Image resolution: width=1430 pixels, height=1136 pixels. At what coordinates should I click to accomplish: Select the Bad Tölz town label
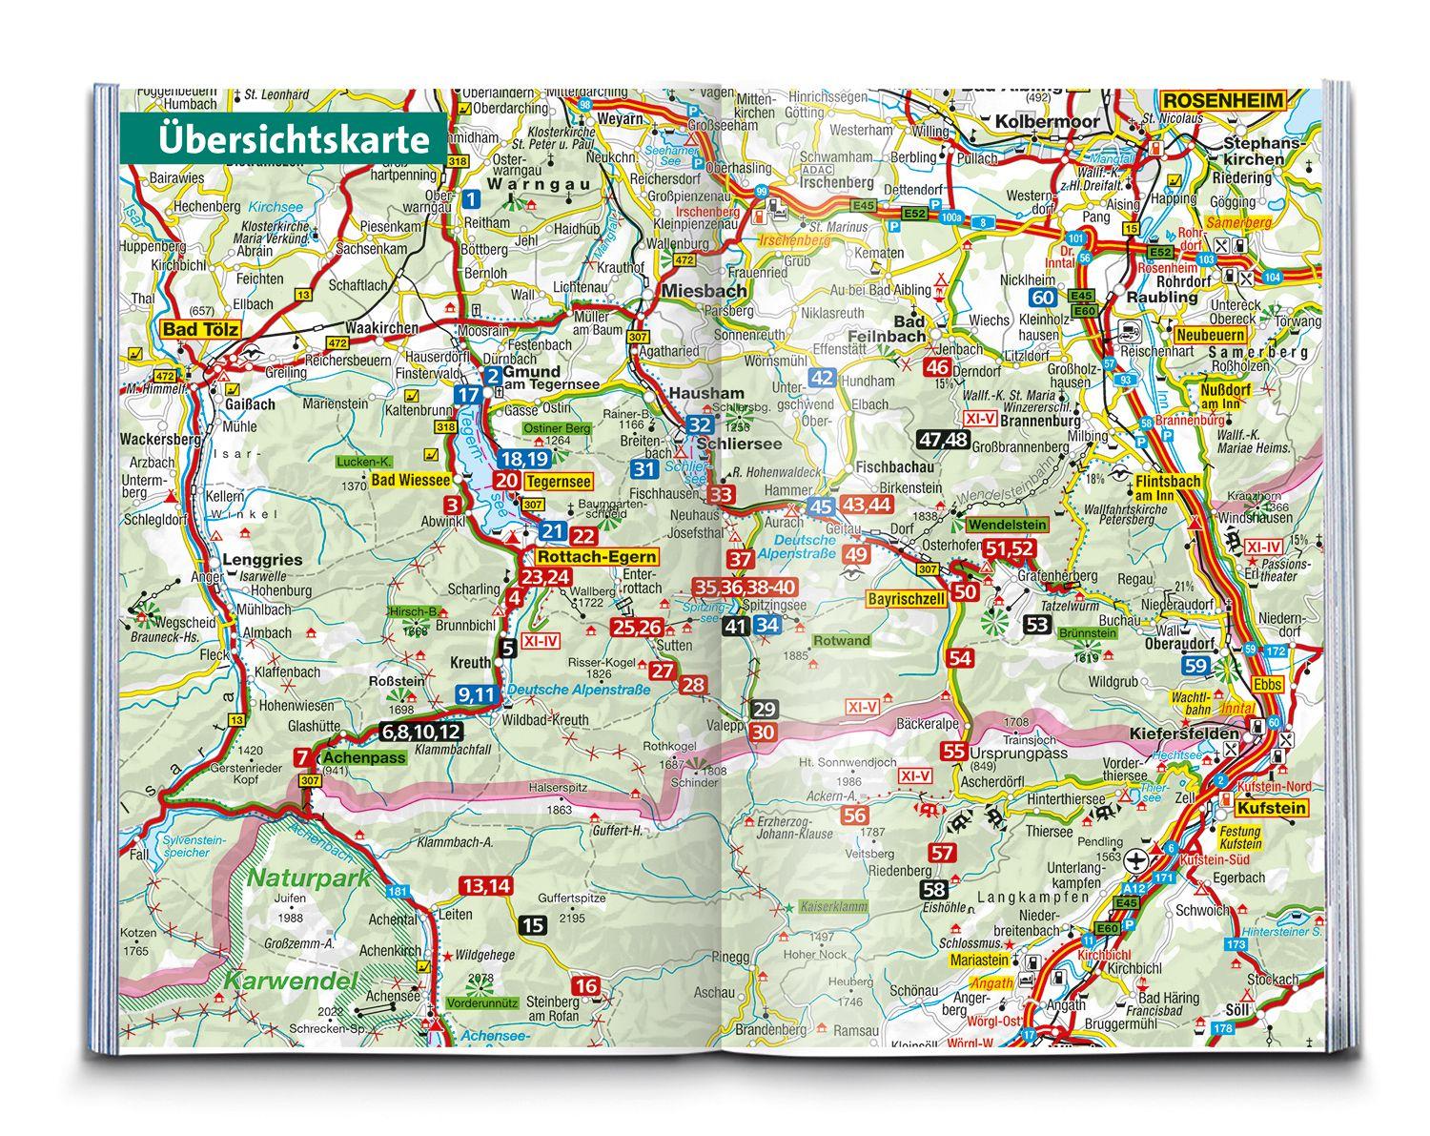click(x=199, y=330)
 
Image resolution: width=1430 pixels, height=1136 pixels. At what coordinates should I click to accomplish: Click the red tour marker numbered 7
click(x=301, y=758)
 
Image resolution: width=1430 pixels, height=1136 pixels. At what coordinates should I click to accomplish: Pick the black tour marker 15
click(x=533, y=924)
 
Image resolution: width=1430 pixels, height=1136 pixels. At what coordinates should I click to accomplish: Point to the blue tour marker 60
click(x=1042, y=297)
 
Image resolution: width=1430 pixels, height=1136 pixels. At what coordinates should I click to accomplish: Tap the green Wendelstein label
click(x=1007, y=525)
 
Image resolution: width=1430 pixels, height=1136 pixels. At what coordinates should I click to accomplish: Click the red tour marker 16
click(x=586, y=986)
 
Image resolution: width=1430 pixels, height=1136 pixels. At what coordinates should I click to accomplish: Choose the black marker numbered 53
click(x=1038, y=625)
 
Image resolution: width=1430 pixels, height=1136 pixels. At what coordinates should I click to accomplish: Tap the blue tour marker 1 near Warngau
click(x=470, y=200)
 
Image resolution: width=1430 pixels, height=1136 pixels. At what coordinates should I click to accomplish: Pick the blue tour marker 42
click(x=821, y=378)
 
